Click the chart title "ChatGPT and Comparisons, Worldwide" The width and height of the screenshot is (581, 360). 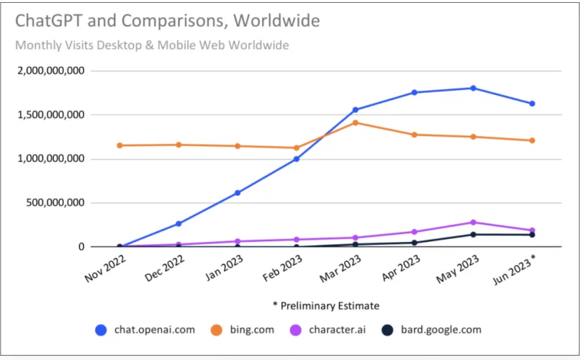[x=167, y=20]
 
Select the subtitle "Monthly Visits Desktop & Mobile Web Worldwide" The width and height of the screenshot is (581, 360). [x=152, y=45]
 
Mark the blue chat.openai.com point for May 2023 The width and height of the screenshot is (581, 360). [x=473, y=89]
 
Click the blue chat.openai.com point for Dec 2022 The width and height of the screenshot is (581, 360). [x=179, y=224]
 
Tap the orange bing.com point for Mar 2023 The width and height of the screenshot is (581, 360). [x=356, y=123]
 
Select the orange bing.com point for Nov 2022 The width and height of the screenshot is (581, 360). [x=120, y=145]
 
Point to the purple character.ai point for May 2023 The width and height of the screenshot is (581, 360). [x=473, y=222]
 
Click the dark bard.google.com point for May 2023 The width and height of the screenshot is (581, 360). [x=473, y=235]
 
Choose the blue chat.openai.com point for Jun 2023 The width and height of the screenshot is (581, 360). [x=532, y=104]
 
